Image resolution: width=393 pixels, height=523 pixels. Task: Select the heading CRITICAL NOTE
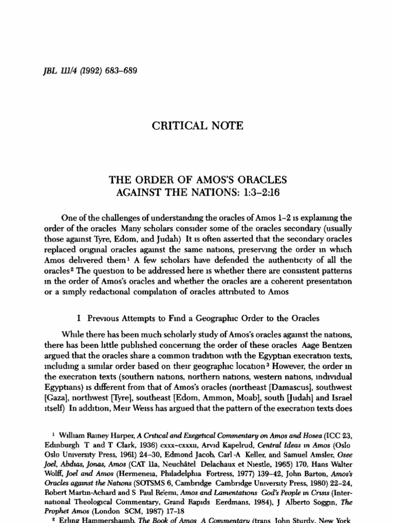point(196,125)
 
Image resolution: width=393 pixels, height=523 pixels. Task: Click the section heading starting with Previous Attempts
point(203,318)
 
